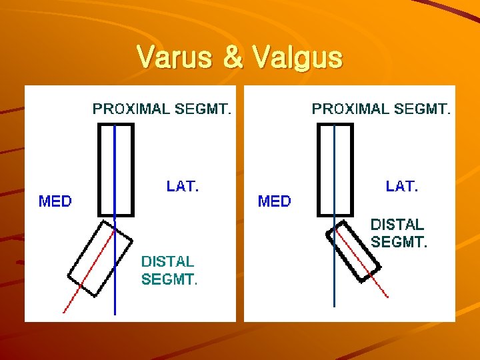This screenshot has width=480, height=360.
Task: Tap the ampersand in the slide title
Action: [x=233, y=58]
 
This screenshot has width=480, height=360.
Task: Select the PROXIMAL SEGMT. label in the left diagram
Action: [x=162, y=109]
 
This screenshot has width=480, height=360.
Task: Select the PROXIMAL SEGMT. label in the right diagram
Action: [x=381, y=109]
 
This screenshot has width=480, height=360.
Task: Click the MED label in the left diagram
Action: [x=55, y=201]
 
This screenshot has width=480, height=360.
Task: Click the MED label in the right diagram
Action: [x=275, y=201]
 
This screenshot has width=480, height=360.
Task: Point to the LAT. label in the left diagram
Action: [x=183, y=187]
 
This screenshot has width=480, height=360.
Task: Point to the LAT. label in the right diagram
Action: [x=402, y=187]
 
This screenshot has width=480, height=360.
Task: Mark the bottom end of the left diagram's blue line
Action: [x=115, y=313]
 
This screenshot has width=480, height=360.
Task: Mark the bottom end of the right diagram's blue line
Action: [x=334, y=306]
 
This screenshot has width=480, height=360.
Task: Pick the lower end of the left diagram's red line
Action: [x=63, y=312]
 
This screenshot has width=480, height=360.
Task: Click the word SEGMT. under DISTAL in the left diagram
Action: [x=169, y=280]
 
